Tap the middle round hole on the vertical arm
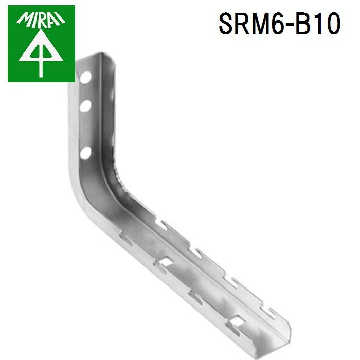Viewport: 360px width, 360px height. [x=85, y=106]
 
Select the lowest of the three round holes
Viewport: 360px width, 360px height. [x=85, y=152]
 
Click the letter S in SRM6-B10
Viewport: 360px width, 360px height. [x=227, y=24]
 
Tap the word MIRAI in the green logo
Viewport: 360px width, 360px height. [x=41, y=19]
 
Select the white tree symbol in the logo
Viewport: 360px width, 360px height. [x=41, y=51]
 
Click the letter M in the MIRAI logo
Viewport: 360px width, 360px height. [x=24, y=21]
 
